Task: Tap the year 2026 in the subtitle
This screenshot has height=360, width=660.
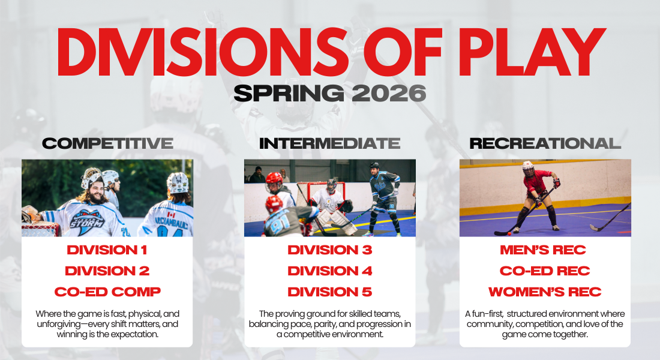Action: click(x=389, y=93)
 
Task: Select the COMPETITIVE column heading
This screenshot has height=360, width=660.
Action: click(x=108, y=143)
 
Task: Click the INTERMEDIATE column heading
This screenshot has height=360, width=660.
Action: click(x=329, y=143)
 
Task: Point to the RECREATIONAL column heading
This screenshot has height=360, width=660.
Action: click(x=545, y=143)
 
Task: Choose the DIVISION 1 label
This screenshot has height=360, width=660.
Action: click(x=107, y=250)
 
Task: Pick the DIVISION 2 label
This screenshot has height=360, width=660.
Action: click(x=107, y=271)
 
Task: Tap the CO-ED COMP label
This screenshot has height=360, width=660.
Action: click(x=107, y=292)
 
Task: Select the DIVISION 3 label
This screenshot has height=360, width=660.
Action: click(x=330, y=250)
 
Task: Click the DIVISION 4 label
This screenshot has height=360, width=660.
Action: click(x=330, y=271)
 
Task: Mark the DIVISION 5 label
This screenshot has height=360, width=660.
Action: click(x=330, y=292)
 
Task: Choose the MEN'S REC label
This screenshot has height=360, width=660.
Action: click(x=543, y=250)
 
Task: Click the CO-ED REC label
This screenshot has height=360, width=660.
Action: click(x=545, y=271)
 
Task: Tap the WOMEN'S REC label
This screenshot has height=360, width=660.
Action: click(x=545, y=292)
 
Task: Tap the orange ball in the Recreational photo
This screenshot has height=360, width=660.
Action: click(x=509, y=233)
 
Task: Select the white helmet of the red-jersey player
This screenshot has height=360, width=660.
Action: click(x=528, y=167)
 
